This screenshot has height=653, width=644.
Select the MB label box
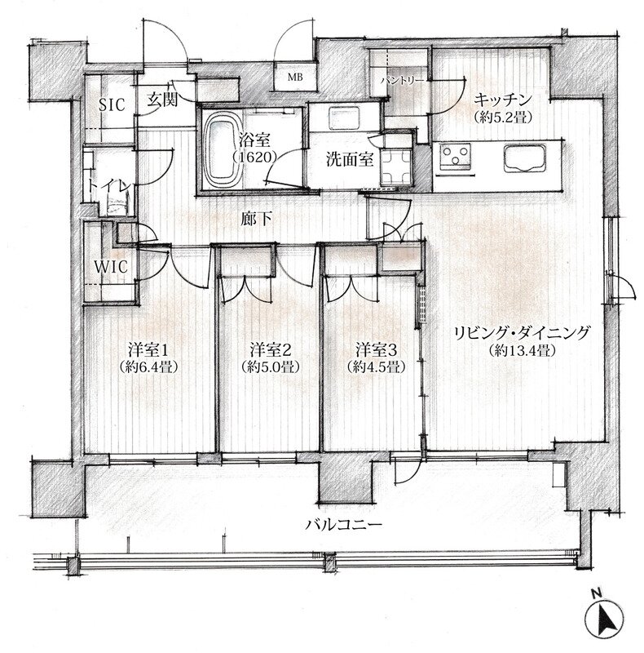(x=295, y=77)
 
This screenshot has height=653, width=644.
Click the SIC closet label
(x=112, y=104)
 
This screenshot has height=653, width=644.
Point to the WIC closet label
(x=111, y=267)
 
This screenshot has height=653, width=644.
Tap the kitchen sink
(x=525, y=158)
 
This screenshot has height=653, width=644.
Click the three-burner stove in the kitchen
(x=456, y=157)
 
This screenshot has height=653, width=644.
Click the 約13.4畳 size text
(x=523, y=351)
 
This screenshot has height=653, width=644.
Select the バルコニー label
(x=344, y=524)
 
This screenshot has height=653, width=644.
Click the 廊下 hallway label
(x=254, y=220)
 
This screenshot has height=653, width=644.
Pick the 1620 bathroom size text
(x=254, y=157)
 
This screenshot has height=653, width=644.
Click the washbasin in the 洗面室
(x=344, y=118)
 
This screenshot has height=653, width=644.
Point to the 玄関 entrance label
(x=163, y=100)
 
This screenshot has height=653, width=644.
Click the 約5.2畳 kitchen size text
(x=504, y=118)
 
